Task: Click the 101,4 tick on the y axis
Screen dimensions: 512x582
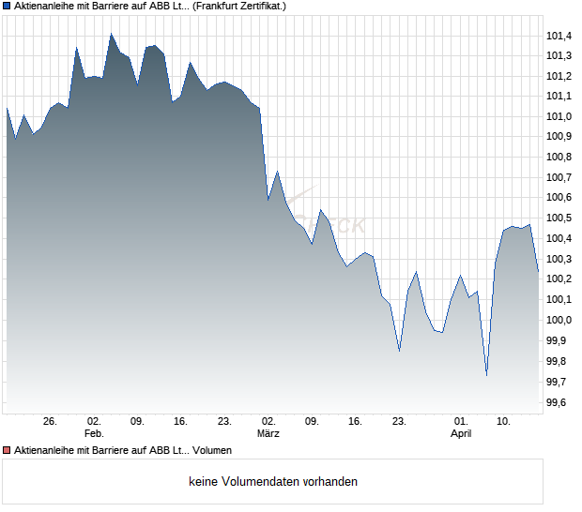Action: coord(559,36)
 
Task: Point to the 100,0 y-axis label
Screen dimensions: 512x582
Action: coord(559,320)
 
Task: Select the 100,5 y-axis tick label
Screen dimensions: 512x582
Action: coord(559,218)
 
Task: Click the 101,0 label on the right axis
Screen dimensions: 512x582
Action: coord(559,116)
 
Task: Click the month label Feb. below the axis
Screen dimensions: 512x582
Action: coord(94,433)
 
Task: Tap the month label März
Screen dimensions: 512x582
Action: coord(268,433)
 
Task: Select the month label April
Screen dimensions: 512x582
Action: coord(461,433)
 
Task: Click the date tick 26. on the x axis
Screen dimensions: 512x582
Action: coord(51,421)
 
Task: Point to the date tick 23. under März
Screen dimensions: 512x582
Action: coord(399,421)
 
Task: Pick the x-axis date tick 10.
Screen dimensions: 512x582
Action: coord(504,421)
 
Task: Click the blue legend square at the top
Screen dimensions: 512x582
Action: coord(7,6)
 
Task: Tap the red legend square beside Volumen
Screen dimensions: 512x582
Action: coord(7,450)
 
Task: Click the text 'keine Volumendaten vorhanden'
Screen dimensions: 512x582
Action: coord(273,482)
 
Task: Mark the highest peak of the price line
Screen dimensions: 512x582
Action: coord(111,34)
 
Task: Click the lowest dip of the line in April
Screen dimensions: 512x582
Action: coord(486,375)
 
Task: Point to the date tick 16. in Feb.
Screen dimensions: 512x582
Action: coord(181,421)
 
